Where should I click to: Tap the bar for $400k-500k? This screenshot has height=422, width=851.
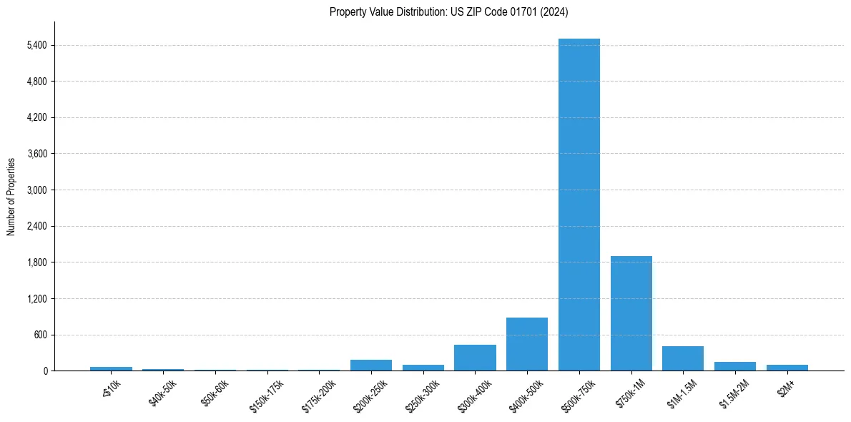[527, 344]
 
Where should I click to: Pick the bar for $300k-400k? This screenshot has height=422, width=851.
[475, 358]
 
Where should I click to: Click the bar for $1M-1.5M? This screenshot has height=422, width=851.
[683, 358]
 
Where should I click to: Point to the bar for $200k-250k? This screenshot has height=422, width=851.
[371, 365]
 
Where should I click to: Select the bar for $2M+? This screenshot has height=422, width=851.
[787, 368]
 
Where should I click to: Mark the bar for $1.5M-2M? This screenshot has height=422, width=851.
[735, 366]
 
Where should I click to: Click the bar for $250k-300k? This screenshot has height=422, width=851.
[423, 368]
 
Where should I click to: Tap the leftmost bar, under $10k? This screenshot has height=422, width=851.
[111, 368]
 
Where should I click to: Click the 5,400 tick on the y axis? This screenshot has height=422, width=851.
[36, 45]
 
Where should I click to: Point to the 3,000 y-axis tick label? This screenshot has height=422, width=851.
[36, 190]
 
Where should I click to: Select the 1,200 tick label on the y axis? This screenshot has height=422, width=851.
[36, 299]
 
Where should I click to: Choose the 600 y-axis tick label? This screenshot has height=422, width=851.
[40, 335]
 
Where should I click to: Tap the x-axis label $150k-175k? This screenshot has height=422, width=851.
[265, 393]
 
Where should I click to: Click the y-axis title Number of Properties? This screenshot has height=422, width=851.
[11, 196]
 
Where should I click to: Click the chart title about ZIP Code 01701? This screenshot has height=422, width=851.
[449, 11]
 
